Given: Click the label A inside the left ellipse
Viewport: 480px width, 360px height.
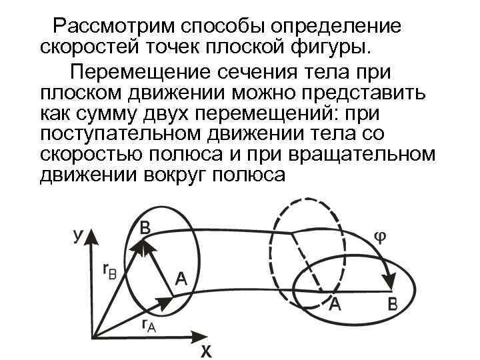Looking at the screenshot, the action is point(180,279).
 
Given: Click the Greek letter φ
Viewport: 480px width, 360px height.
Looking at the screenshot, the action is point(377,238).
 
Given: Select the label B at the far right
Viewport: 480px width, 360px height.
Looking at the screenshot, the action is point(393,306).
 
